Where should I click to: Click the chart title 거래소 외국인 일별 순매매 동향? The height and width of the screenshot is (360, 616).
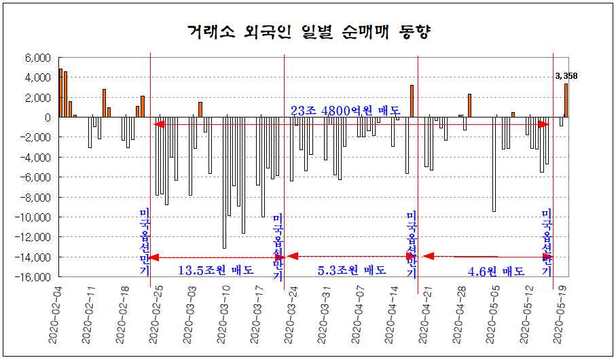(309, 31)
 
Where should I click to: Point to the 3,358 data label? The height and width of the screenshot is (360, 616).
(566, 76)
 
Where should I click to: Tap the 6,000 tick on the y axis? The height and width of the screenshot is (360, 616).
(38, 58)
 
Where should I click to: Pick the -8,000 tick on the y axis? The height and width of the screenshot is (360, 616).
(36, 197)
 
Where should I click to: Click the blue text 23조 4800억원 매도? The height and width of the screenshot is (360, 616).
(346, 111)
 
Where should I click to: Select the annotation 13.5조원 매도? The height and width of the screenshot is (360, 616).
(216, 270)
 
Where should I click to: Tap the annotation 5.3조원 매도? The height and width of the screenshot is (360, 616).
(352, 270)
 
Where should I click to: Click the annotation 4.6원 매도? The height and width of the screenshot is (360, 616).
(496, 271)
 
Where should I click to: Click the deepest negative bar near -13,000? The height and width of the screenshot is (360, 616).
(225, 183)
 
